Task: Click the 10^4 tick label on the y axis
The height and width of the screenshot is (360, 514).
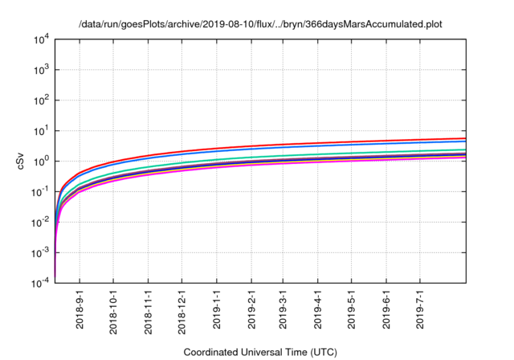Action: click(x=40, y=39)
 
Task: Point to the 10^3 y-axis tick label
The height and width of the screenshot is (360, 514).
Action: click(x=40, y=69)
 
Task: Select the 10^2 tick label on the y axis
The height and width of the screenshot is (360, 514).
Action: click(x=40, y=100)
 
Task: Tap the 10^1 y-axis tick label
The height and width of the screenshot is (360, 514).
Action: click(x=40, y=130)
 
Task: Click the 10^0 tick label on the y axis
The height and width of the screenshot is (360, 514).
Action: click(x=40, y=161)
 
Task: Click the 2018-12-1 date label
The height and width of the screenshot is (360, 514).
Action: click(x=182, y=313)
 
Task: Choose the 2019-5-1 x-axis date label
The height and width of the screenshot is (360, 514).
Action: click(x=352, y=310)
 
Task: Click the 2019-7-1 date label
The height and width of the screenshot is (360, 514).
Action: click(x=420, y=310)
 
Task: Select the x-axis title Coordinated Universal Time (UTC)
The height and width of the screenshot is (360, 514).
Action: click(x=259, y=352)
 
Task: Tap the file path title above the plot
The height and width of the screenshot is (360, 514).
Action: click(x=260, y=23)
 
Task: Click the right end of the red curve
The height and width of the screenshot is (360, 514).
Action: click(x=465, y=137)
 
